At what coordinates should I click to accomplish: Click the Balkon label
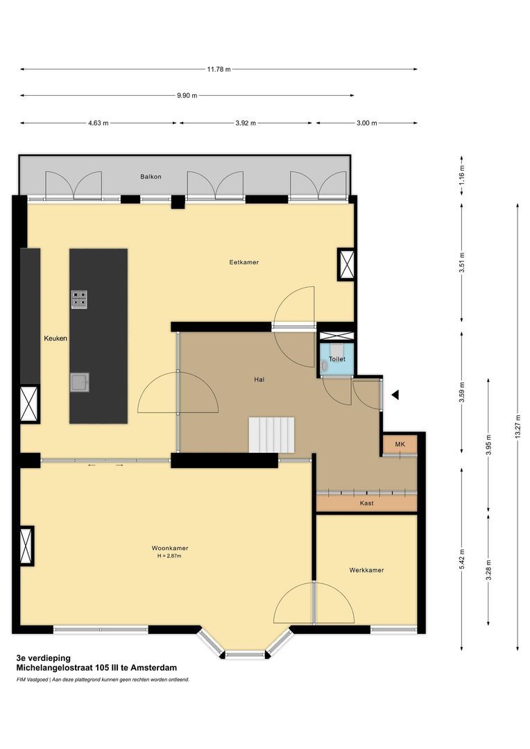point(151,177)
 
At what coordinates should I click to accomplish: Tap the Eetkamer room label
point(244,262)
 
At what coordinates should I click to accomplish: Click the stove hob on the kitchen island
point(79,298)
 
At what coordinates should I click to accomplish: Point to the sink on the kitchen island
point(79,381)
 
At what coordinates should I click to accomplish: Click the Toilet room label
point(336,359)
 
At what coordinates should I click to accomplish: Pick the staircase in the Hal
point(272,434)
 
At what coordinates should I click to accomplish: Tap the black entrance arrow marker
point(395,395)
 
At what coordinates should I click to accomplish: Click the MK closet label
point(400,444)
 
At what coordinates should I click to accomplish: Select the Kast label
point(366,503)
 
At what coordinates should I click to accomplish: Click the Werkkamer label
point(366,570)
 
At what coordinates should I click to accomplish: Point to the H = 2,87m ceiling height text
point(170,556)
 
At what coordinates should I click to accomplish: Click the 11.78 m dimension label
point(219,69)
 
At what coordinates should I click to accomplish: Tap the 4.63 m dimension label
point(99,123)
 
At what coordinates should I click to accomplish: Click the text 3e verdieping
point(44,657)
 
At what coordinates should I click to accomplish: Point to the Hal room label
point(259,379)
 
